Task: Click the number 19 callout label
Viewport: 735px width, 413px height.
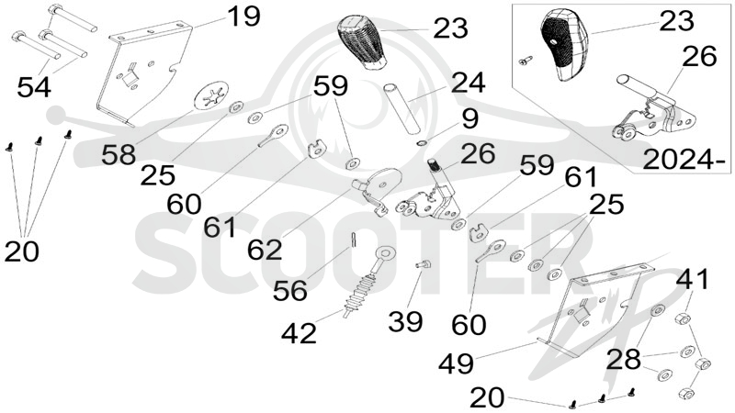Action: coord(243,17)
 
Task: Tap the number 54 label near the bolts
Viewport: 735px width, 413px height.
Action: coord(34,86)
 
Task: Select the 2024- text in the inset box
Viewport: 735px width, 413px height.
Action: coord(684,160)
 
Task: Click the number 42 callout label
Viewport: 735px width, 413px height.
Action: coord(300,333)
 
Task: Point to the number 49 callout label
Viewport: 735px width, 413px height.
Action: coord(457,363)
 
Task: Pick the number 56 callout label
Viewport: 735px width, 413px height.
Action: coord(290,290)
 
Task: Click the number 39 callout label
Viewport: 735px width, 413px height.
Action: coord(406,322)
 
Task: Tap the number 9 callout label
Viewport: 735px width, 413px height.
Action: coord(469,118)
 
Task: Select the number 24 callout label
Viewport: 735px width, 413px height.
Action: coord(469,83)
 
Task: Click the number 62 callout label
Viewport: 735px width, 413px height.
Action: coord(265,250)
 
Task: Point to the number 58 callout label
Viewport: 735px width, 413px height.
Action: coord(119,154)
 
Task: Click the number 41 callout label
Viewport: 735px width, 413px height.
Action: coord(693,280)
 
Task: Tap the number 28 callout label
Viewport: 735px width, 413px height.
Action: coord(624,360)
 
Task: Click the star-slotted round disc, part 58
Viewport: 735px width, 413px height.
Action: coord(211,95)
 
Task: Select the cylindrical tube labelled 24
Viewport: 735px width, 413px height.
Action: coord(402,107)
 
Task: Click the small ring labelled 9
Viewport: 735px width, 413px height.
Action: coord(422,142)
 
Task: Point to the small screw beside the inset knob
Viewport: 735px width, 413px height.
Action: coord(526,60)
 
